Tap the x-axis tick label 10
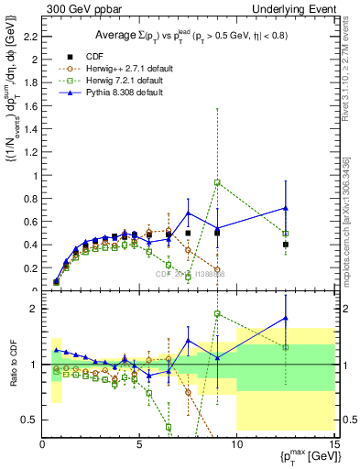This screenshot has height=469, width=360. coord(236,445)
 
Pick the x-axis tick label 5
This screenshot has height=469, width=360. coord(139,445)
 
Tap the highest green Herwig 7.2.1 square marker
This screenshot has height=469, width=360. coord(217,182)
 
